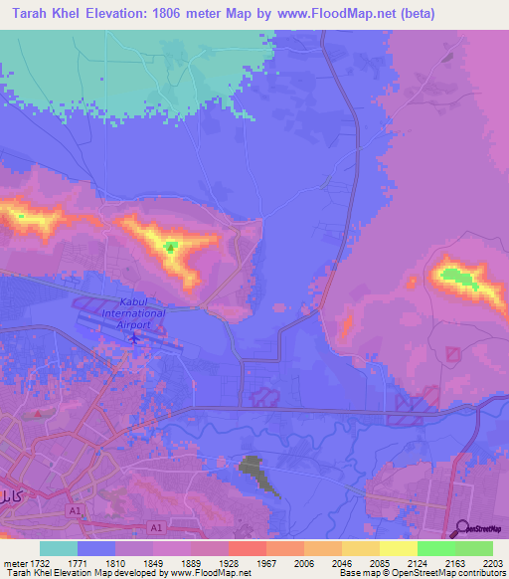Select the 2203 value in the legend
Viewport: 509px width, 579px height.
click(x=494, y=562)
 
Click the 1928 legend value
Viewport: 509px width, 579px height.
click(x=228, y=562)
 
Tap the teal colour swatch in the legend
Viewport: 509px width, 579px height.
click(x=59, y=548)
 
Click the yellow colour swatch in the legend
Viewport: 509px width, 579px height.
click(x=398, y=548)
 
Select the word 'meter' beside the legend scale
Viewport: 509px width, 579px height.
click(x=13, y=562)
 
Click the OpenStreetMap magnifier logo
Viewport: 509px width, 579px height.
click(x=463, y=527)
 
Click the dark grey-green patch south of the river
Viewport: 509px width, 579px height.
click(x=255, y=473)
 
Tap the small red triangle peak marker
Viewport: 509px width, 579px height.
click(x=170, y=246)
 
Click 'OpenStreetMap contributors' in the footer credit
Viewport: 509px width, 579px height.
click(x=452, y=573)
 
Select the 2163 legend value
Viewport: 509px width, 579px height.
click(x=455, y=562)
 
